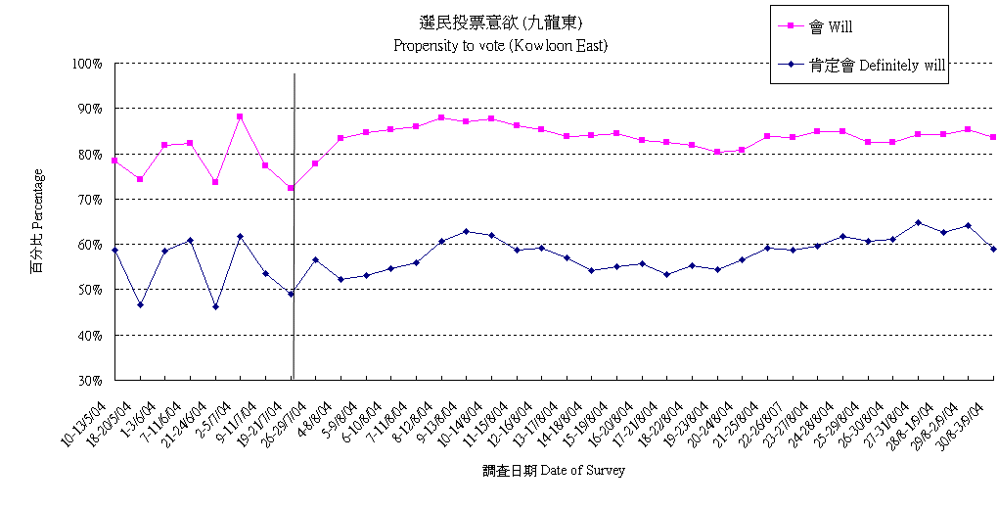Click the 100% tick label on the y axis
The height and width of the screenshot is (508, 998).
tap(88, 64)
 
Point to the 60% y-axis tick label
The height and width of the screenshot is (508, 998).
tap(90, 245)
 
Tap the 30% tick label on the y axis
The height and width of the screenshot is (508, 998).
tap(90, 381)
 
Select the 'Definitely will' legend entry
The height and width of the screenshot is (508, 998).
tap(877, 66)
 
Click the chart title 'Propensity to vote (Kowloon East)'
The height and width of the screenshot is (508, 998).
tap(501, 45)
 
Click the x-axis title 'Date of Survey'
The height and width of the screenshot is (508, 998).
tap(554, 470)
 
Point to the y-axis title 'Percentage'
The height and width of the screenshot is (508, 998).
tap(37, 220)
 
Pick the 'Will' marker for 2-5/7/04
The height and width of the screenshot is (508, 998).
tap(240, 116)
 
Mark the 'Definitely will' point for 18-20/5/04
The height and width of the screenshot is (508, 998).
tap(140, 305)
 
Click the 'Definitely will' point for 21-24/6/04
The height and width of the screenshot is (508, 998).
tap(215, 306)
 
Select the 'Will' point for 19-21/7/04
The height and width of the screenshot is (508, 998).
tap(291, 188)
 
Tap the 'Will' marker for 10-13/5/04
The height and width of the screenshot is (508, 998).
tap(114, 161)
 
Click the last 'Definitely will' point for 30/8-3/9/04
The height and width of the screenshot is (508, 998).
tap(993, 249)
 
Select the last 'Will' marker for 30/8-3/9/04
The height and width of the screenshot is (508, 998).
tap(993, 137)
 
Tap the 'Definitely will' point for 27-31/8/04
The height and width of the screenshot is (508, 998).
tap(918, 222)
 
